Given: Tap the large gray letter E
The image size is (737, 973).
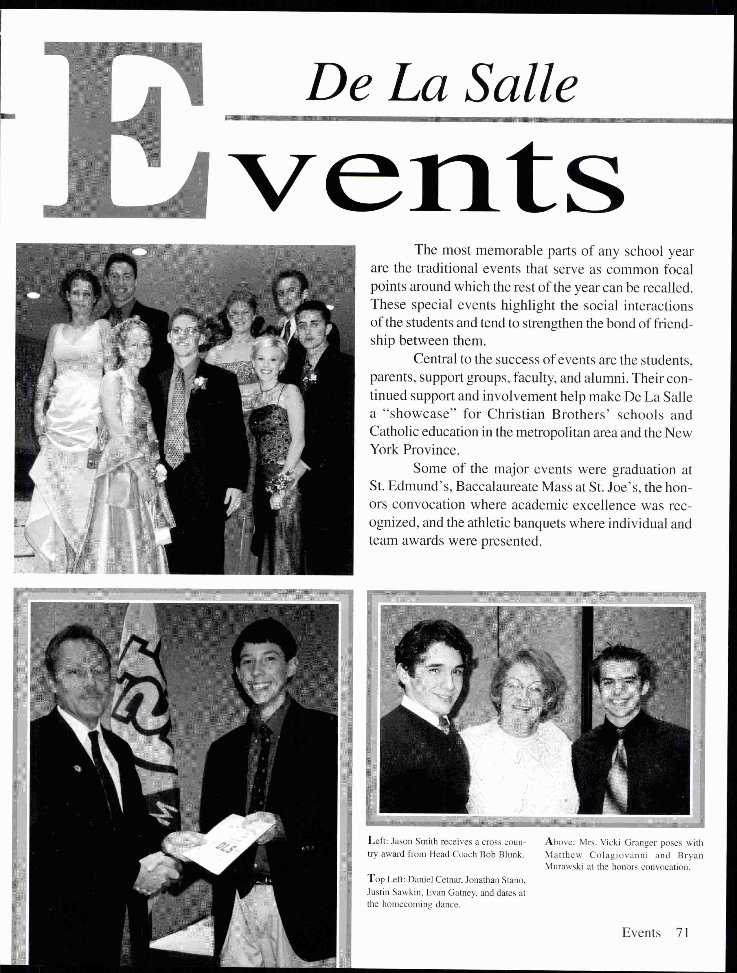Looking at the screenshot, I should click(125, 130).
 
